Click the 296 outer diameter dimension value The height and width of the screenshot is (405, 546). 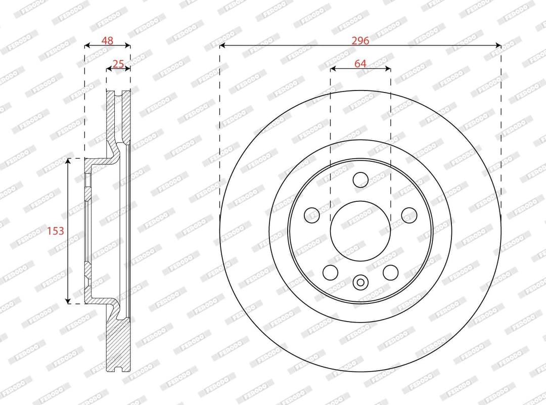pos(360,41)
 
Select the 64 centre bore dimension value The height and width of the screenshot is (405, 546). pos(360,64)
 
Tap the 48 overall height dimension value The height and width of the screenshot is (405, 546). pos(107,41)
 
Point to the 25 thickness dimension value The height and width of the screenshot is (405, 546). pos(118,64)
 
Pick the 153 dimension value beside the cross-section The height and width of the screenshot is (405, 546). pos(56,231)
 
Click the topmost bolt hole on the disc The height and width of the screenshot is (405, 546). pos(360,179)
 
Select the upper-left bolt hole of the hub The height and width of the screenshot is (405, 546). pos(312,215)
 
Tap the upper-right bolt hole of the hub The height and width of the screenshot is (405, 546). pos(409,215)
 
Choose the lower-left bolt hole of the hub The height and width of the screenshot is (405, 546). pos(330,272)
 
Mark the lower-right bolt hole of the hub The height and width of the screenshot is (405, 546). pos(390,272)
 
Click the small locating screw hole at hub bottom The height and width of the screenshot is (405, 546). pos(360,282)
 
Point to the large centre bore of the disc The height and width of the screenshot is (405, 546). pos(360,231)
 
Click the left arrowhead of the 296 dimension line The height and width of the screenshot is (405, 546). pos(222,46)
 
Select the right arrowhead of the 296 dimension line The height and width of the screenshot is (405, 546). pos(498,46)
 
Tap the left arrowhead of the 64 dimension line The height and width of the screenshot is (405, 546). pos(333,69)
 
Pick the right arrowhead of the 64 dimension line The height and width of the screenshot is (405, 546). pos(388,69)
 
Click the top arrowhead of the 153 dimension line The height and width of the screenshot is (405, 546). pos(68,161)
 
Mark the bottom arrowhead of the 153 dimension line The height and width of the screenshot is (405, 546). pos(68,301)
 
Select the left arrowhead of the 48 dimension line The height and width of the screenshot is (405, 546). pos(87,46)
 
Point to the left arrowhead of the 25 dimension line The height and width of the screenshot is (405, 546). pos(109,69)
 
